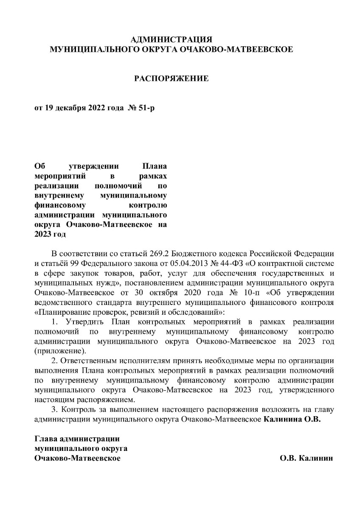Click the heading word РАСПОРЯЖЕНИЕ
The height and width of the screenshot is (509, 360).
pos(172,78)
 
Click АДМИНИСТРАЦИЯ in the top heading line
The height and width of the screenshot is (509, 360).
pos(172,40)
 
